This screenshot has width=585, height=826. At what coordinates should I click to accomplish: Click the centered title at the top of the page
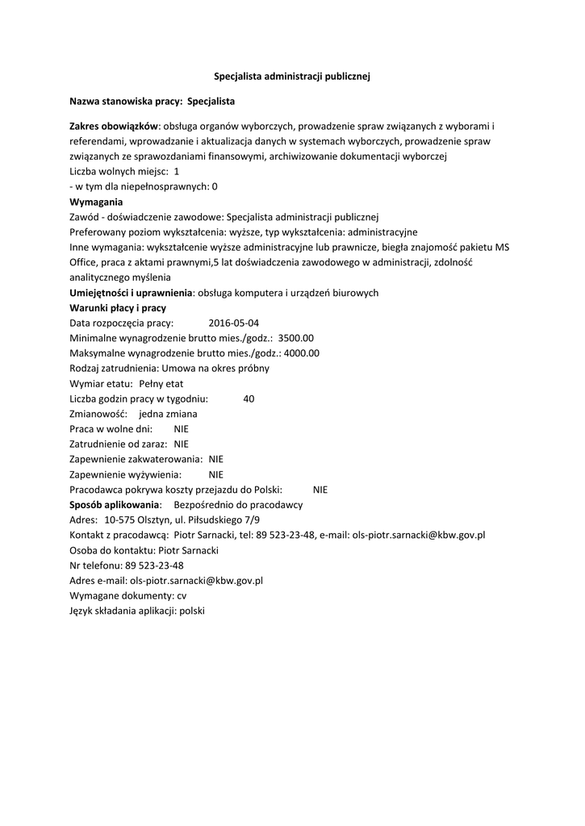click(x=292, y=76)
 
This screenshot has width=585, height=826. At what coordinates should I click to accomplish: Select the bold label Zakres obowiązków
click(x=114, y=127)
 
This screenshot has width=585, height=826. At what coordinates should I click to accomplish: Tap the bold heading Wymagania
click(x=96, y=202)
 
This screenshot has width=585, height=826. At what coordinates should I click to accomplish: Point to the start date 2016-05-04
click(x=223, y=323)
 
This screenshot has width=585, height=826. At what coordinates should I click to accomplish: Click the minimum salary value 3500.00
click(x=295, y=338)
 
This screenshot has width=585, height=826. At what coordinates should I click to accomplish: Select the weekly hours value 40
click(x=249, y=398)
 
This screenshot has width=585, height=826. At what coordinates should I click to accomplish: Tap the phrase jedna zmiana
click(x=168, y=414)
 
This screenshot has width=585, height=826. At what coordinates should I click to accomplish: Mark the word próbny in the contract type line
click(x=253, y=369)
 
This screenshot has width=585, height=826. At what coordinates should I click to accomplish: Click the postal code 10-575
click(x=119, y=519)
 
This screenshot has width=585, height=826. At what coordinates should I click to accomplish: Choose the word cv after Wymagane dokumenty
click(x=182, y=595)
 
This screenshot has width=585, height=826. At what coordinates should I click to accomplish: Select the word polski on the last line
click(x=193, y=611)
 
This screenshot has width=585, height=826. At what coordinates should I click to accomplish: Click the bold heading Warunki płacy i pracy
click(x=118, y=308)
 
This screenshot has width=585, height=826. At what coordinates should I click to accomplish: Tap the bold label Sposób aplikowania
click(x=115, y=504)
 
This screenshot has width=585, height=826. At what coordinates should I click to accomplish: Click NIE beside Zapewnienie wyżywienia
click(x=215, y=474)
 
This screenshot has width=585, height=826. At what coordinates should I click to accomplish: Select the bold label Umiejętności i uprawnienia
click(x=131, y=293)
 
